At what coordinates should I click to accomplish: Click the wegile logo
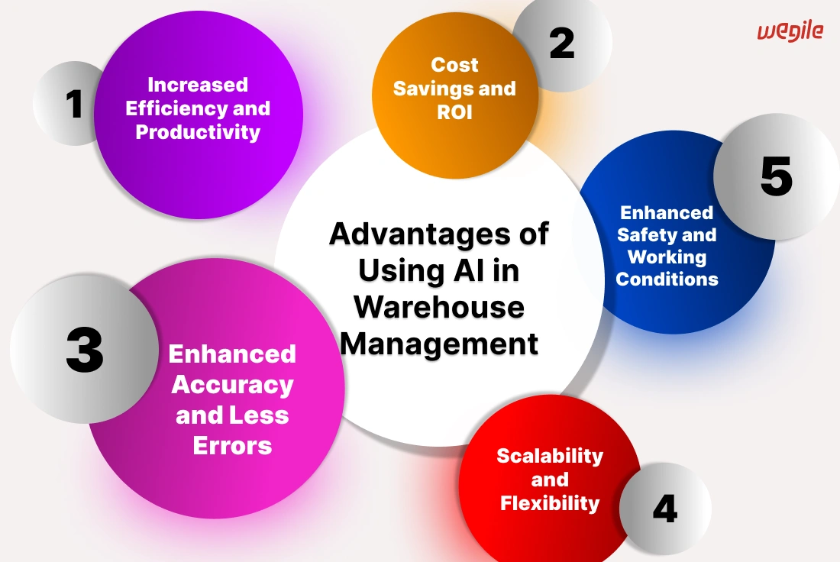(x=790, y=31)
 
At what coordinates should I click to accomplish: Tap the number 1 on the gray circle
(x=75, y=104)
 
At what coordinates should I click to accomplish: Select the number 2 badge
(x=562, y=44)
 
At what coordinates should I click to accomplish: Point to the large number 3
(x=85, y=350)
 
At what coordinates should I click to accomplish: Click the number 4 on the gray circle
(x=665, y=509)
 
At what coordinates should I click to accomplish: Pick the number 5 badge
(x=777, y=176)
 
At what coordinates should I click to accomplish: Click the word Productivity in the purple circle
(x=198, y=132)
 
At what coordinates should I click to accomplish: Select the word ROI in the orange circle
(x=454, y=112)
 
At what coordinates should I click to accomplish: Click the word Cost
(x=454, y=65)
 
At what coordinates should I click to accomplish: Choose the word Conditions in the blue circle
(x=667, y=279)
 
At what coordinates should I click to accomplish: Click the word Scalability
(x=550, y=456)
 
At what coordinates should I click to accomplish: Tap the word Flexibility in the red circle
(x=550, y=503)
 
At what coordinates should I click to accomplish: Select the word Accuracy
(x=232, y=385)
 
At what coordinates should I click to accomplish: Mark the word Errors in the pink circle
(x=232, y=446)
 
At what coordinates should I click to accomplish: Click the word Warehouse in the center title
(x=439, y=307)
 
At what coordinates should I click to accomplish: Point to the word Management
(x=439, y=344)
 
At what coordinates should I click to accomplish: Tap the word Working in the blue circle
(x=667, y=257)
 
